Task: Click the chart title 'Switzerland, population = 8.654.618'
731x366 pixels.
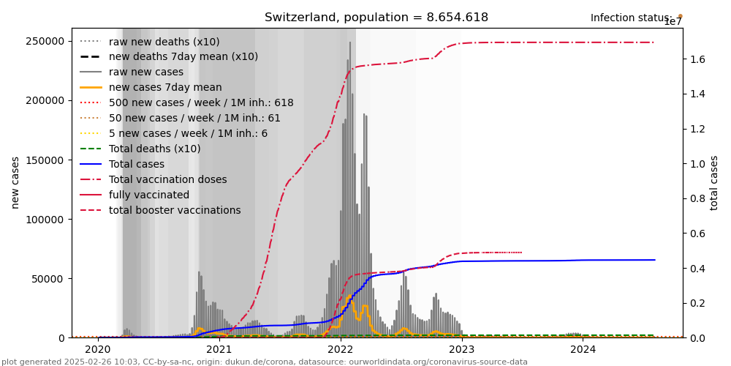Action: click(x=376, y=18)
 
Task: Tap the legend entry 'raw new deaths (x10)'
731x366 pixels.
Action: click(x=164, y=42)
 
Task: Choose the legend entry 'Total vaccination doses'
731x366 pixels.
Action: click(x=167, y=179)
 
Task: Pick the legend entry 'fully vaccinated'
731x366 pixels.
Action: click(x=148, y=195)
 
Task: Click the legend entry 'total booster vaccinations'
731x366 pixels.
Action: click(x=174, y=210)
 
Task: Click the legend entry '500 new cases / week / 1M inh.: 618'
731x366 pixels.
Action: click(x=201, y=102)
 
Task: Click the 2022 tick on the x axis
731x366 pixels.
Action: click(x=341, y=350)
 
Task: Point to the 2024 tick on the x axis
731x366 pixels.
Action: click(x=583, y=350)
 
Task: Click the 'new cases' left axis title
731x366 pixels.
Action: click(x=15, y=182)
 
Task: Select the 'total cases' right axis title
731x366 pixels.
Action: click(x=715, y=182)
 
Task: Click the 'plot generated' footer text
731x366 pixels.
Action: click(x=264, y=362)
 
